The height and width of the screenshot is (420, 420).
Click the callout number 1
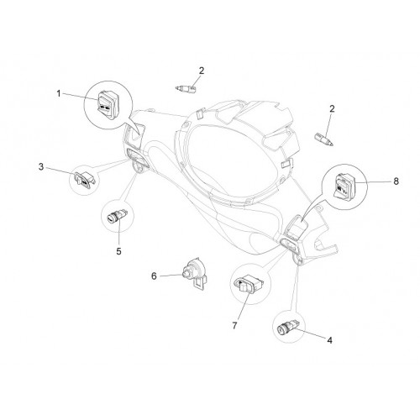pos(59,93)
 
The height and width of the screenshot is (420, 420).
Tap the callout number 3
pos(41,167)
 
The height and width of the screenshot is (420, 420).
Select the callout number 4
pos(329,340)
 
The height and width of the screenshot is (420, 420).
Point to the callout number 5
pos(119,251)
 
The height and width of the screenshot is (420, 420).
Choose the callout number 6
pos(154,276)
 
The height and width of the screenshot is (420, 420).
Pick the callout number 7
pos(234,326)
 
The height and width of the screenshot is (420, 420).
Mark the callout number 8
pos(396,181)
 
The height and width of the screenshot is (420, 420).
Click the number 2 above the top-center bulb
pos(202,71)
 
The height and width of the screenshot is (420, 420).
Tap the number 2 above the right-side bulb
pos(332,108)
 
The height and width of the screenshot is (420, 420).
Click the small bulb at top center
pos(186,89)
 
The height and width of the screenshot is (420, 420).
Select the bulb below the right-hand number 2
pos(324,139)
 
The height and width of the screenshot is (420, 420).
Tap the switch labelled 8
pos(344,186)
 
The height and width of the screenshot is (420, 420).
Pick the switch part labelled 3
pos(84,180)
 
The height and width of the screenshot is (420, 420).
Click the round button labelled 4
pos(288,327)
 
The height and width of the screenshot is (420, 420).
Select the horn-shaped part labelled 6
pos(195,273)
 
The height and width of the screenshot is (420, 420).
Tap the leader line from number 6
pos(171,276)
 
